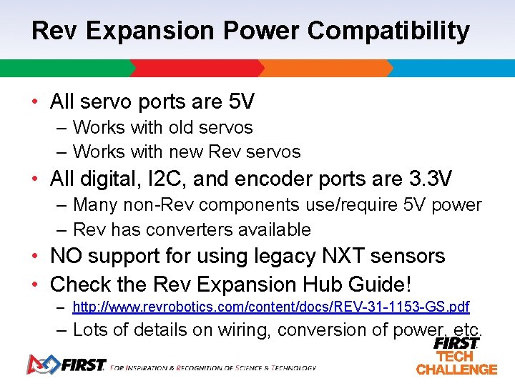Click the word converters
186,230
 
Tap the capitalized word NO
66,256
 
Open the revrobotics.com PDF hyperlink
271,307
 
